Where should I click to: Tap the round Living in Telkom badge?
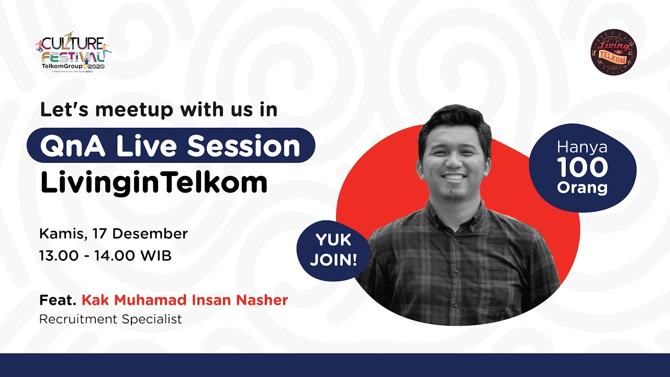tap(613, 51)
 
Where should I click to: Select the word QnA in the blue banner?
tap(74, 146)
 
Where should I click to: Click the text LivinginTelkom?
tap(154, 182)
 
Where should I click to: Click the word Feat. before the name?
tap(58, 301)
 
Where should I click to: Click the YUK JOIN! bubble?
tap(333, 250)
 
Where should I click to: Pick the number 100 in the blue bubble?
tap(582, 168)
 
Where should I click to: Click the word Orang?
tap(582, 187)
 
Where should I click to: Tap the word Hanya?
tap(582, 148)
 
